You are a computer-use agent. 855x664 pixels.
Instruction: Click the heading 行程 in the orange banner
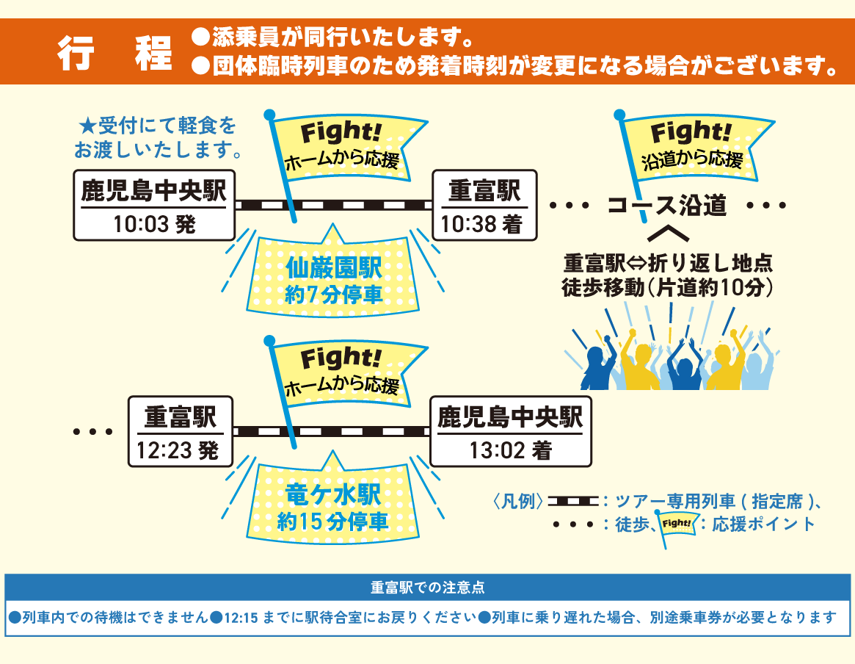tap(115, 54)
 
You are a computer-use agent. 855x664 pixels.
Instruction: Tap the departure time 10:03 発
tap(154, 224)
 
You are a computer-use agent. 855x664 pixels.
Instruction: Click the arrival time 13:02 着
tap(510, 450)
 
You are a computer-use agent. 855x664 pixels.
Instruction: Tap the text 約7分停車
tap(334, 295)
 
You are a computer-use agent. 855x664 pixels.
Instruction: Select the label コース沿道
tap(666, 206)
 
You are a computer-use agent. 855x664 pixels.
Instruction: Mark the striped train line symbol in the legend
tap(573, 502)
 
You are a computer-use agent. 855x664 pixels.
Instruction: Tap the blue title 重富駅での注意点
tap(427, 588)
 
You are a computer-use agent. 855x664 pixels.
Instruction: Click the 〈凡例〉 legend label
tap(517, 502)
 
